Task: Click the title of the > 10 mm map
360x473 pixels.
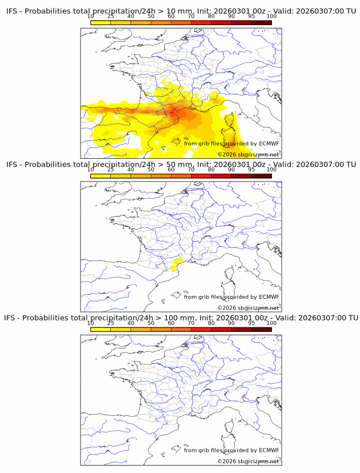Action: tap(181, 11)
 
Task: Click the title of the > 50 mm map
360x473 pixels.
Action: tap(181, 164)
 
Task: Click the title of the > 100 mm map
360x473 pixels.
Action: tap(181, 318)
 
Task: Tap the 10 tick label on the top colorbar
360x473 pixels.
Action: tap(91, 17)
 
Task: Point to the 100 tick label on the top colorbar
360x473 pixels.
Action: tap(271, 17)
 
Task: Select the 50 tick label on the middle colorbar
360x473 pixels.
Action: tap(151, 170)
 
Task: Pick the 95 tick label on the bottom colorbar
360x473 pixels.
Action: tap(251, 323)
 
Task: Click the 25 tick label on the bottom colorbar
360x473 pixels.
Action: tap(110, 323)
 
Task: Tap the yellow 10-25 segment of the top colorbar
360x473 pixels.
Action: tap(101, 22)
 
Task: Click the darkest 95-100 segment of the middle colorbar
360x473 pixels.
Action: tap(261, 176)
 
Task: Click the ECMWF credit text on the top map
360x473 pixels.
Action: tap(231, 143)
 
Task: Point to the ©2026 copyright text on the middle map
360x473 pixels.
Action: tap(248, 308)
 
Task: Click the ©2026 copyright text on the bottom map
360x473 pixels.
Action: tap(248, 461)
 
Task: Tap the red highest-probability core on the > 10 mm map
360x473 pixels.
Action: tap(173, 112)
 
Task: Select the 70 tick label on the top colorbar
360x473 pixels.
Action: tap(191, 17)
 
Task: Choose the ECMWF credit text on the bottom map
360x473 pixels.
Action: tap(231, 450)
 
